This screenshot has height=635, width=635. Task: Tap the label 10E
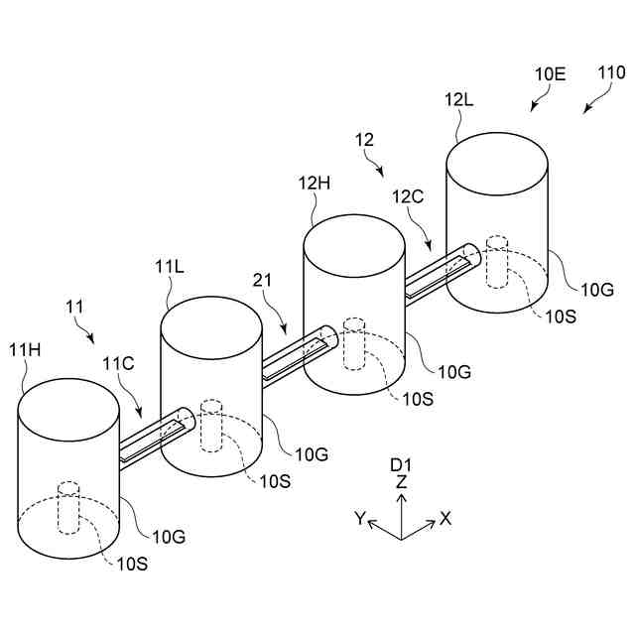[x=550, y=72]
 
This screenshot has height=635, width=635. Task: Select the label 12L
[x=460, y=101]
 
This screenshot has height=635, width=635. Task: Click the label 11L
[x=171, y=266]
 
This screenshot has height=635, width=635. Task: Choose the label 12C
[x=408, y=196]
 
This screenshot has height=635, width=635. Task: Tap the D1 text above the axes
[x=401, y=463]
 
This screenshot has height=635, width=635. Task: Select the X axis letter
[x=447, y=517]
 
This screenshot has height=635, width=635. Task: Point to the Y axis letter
[x=360, y=517]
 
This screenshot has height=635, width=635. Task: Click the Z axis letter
[x=401, y=481]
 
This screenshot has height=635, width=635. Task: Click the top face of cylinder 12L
[x=497, y=159]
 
